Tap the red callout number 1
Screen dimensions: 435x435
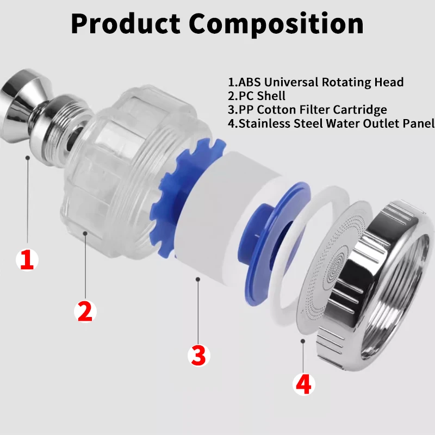tap(27, 260)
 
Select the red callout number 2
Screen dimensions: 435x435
tap(85, 311)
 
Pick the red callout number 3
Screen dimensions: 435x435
tap(198, 356)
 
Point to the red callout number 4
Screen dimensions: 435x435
tap(303, 384)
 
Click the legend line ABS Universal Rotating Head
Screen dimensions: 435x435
tap(315, 83)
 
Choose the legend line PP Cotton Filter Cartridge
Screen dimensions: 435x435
tap(307, 110)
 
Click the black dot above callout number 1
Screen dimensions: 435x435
tap(27, 157)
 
